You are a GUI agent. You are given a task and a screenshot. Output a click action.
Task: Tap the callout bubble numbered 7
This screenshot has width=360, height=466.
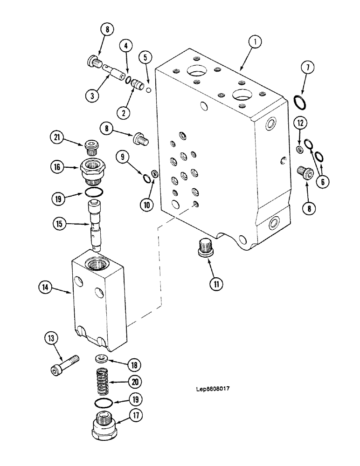[307, 68]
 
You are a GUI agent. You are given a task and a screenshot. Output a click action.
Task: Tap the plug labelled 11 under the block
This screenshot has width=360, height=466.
[204, 247]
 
